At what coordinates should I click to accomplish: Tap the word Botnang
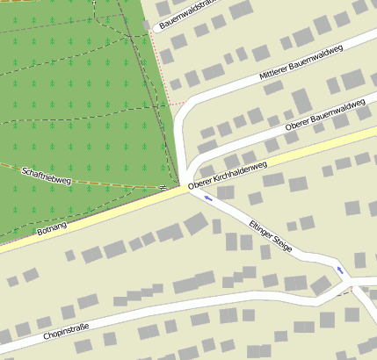click(x=53, y=228)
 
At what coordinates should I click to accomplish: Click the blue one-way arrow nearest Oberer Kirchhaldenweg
click(x=207, y=198)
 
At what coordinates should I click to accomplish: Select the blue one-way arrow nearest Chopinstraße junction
click(x=339, y=269)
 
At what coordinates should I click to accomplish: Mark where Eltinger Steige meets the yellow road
click(x=186, y=187)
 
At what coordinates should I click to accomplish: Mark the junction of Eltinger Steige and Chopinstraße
click(x=348, y=284)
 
